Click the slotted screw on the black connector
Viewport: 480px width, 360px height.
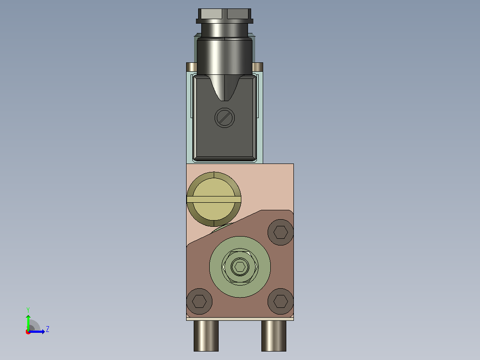pyautogui.click(x=225, y=118)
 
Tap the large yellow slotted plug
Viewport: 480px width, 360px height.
pyautogui.click(x=214, y=199)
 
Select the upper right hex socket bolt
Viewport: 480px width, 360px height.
pyautogui.click(x=281, y=232)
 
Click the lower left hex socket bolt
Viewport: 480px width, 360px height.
pyautogui.click(x=199, y=301)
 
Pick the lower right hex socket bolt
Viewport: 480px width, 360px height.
pyautogui.click(x=281, y=301)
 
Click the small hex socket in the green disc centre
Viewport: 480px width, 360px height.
pyautogui.click(x=240, y=267)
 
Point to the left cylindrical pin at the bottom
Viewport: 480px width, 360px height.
pyautogui.click(x=206, y=336)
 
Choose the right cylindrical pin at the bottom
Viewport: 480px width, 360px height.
pyautogui.click(x=274, y=336)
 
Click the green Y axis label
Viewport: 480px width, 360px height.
pyautogui.click(x=28, y=310)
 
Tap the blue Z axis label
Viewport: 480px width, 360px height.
pyautogui.click(x=48, y=329)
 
